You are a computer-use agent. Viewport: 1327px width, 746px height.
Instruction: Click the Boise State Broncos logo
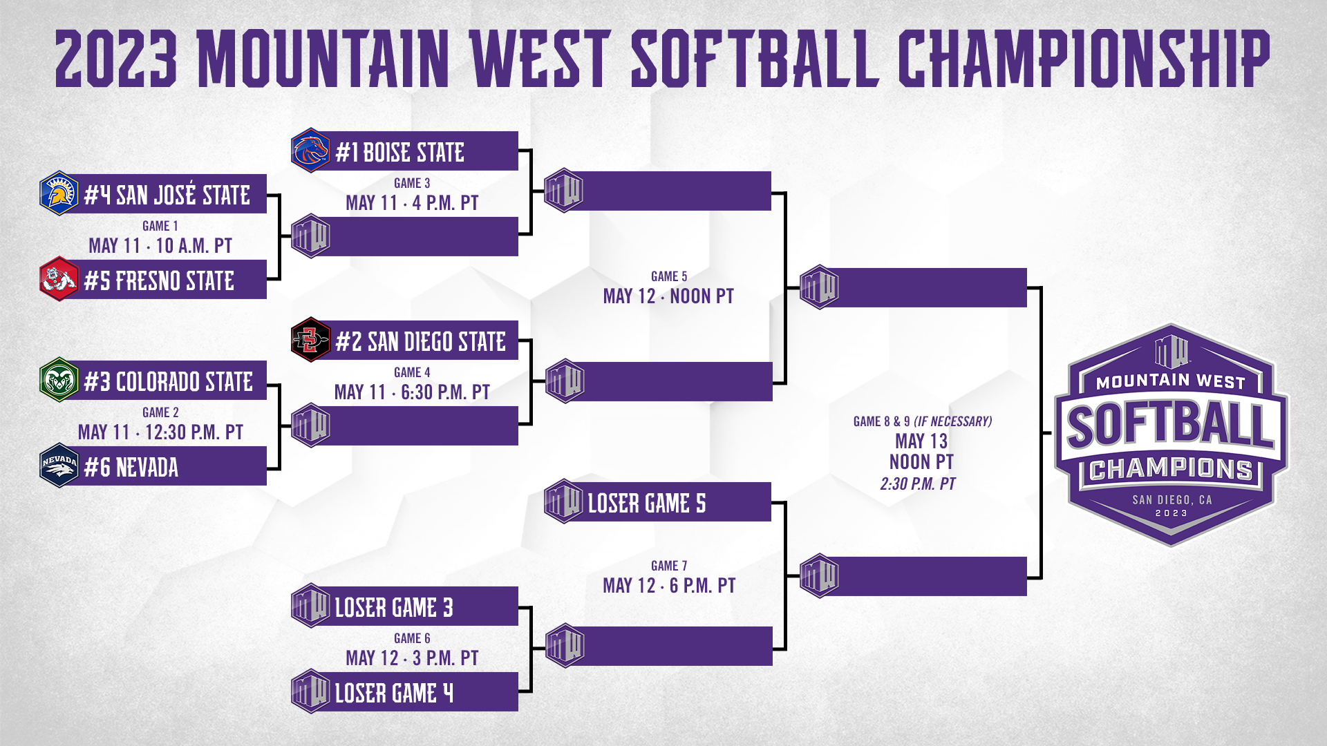click(x=310, y=150)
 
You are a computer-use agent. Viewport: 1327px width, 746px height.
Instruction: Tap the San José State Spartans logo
click(x=59, y=193)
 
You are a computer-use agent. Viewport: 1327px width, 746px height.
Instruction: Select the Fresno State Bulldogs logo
click(x=59, y=279)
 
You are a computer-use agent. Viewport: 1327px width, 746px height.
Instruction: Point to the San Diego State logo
click(x=310, y=340)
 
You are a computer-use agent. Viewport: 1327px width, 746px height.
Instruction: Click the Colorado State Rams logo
click(x=59, y=380)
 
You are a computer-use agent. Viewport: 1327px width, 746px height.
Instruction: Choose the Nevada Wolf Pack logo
click(x=59, y=466)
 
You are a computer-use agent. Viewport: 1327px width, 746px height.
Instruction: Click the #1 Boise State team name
click(x=399, y=153)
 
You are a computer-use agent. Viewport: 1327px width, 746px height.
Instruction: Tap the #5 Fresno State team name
click(x=159, y=281)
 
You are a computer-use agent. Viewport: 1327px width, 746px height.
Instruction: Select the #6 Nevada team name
click(x=131, y=468)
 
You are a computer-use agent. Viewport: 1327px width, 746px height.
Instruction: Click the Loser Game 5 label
click(x=646, y=504)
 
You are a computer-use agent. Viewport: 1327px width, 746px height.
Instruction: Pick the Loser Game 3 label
click(x=393, y=608)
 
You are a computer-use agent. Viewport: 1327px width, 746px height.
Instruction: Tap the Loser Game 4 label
click(x=393, y=694)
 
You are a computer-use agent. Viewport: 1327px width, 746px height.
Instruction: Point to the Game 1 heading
click(x=160, y=226)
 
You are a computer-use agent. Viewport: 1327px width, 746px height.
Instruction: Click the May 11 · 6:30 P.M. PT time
click(x=412, y=392)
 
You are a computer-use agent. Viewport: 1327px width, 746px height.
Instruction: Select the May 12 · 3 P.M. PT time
click(x=412, y=658)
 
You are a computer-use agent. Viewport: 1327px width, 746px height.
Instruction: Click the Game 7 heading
click(x=669, y=566)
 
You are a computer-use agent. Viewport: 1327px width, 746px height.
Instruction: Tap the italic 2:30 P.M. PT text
click(x=918, y=484)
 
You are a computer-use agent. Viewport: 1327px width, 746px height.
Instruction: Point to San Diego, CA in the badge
click(x=1171, y=499)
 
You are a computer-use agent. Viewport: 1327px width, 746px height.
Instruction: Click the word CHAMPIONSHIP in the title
click(x=1083, y=59)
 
